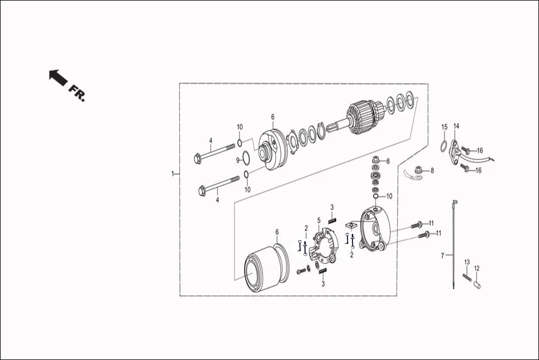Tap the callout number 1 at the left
(x=173, y=174)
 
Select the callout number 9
(x=237, y=160)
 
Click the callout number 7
(x=442, y=256)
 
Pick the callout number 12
(x=476, y=268)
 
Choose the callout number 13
(x=467, y=262)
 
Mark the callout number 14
(x=456, y=126)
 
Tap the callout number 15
(x=444, y=127)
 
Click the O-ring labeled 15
(x=442, y=147)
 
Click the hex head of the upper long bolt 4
(x=198, y=158)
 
